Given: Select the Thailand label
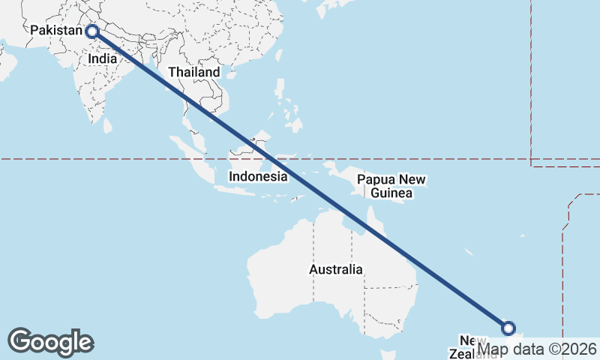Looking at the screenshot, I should coord(194,72).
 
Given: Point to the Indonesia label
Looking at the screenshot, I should coord(258,177).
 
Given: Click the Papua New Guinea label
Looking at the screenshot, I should coord(391,187).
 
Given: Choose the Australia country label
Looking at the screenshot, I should coord(336,269).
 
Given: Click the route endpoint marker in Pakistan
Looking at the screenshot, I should coord(92,31).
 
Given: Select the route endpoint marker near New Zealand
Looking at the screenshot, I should coord(508,328).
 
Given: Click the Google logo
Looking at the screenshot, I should coord(50,342).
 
